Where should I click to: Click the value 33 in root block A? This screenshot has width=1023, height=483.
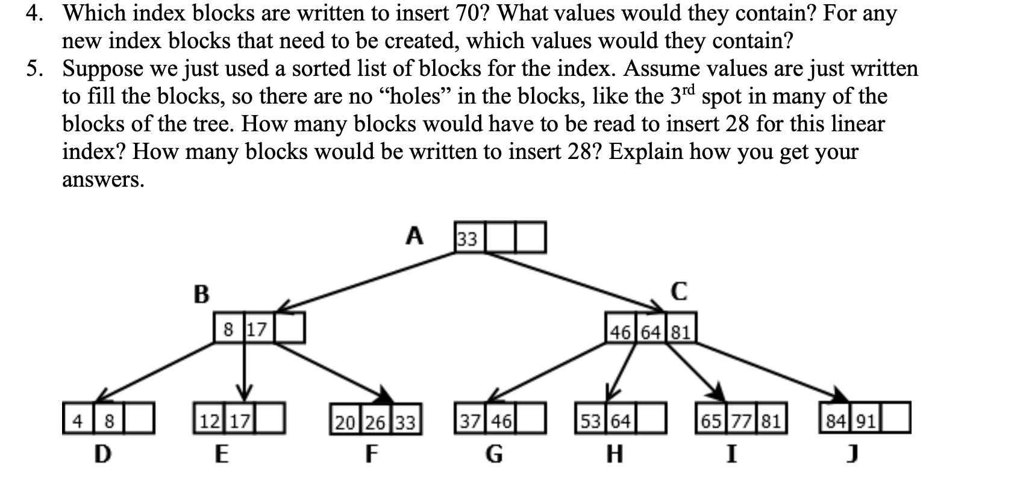point(468,239)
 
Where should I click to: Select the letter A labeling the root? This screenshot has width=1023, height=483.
point(413,236)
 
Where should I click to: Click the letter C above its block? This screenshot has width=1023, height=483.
point(678,291)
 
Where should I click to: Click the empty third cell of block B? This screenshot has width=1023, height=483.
point(290,329)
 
